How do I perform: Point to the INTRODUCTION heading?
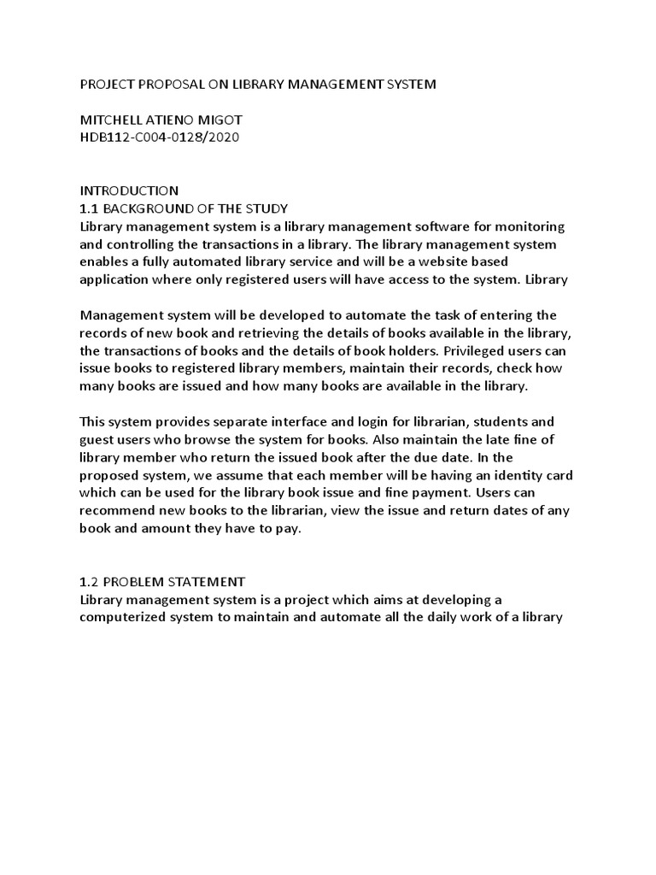coord(129,191)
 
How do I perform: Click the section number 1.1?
coord(89,208)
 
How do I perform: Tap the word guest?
coord(97,439)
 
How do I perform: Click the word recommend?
coord(118,510)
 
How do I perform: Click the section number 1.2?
coord(89,581)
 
